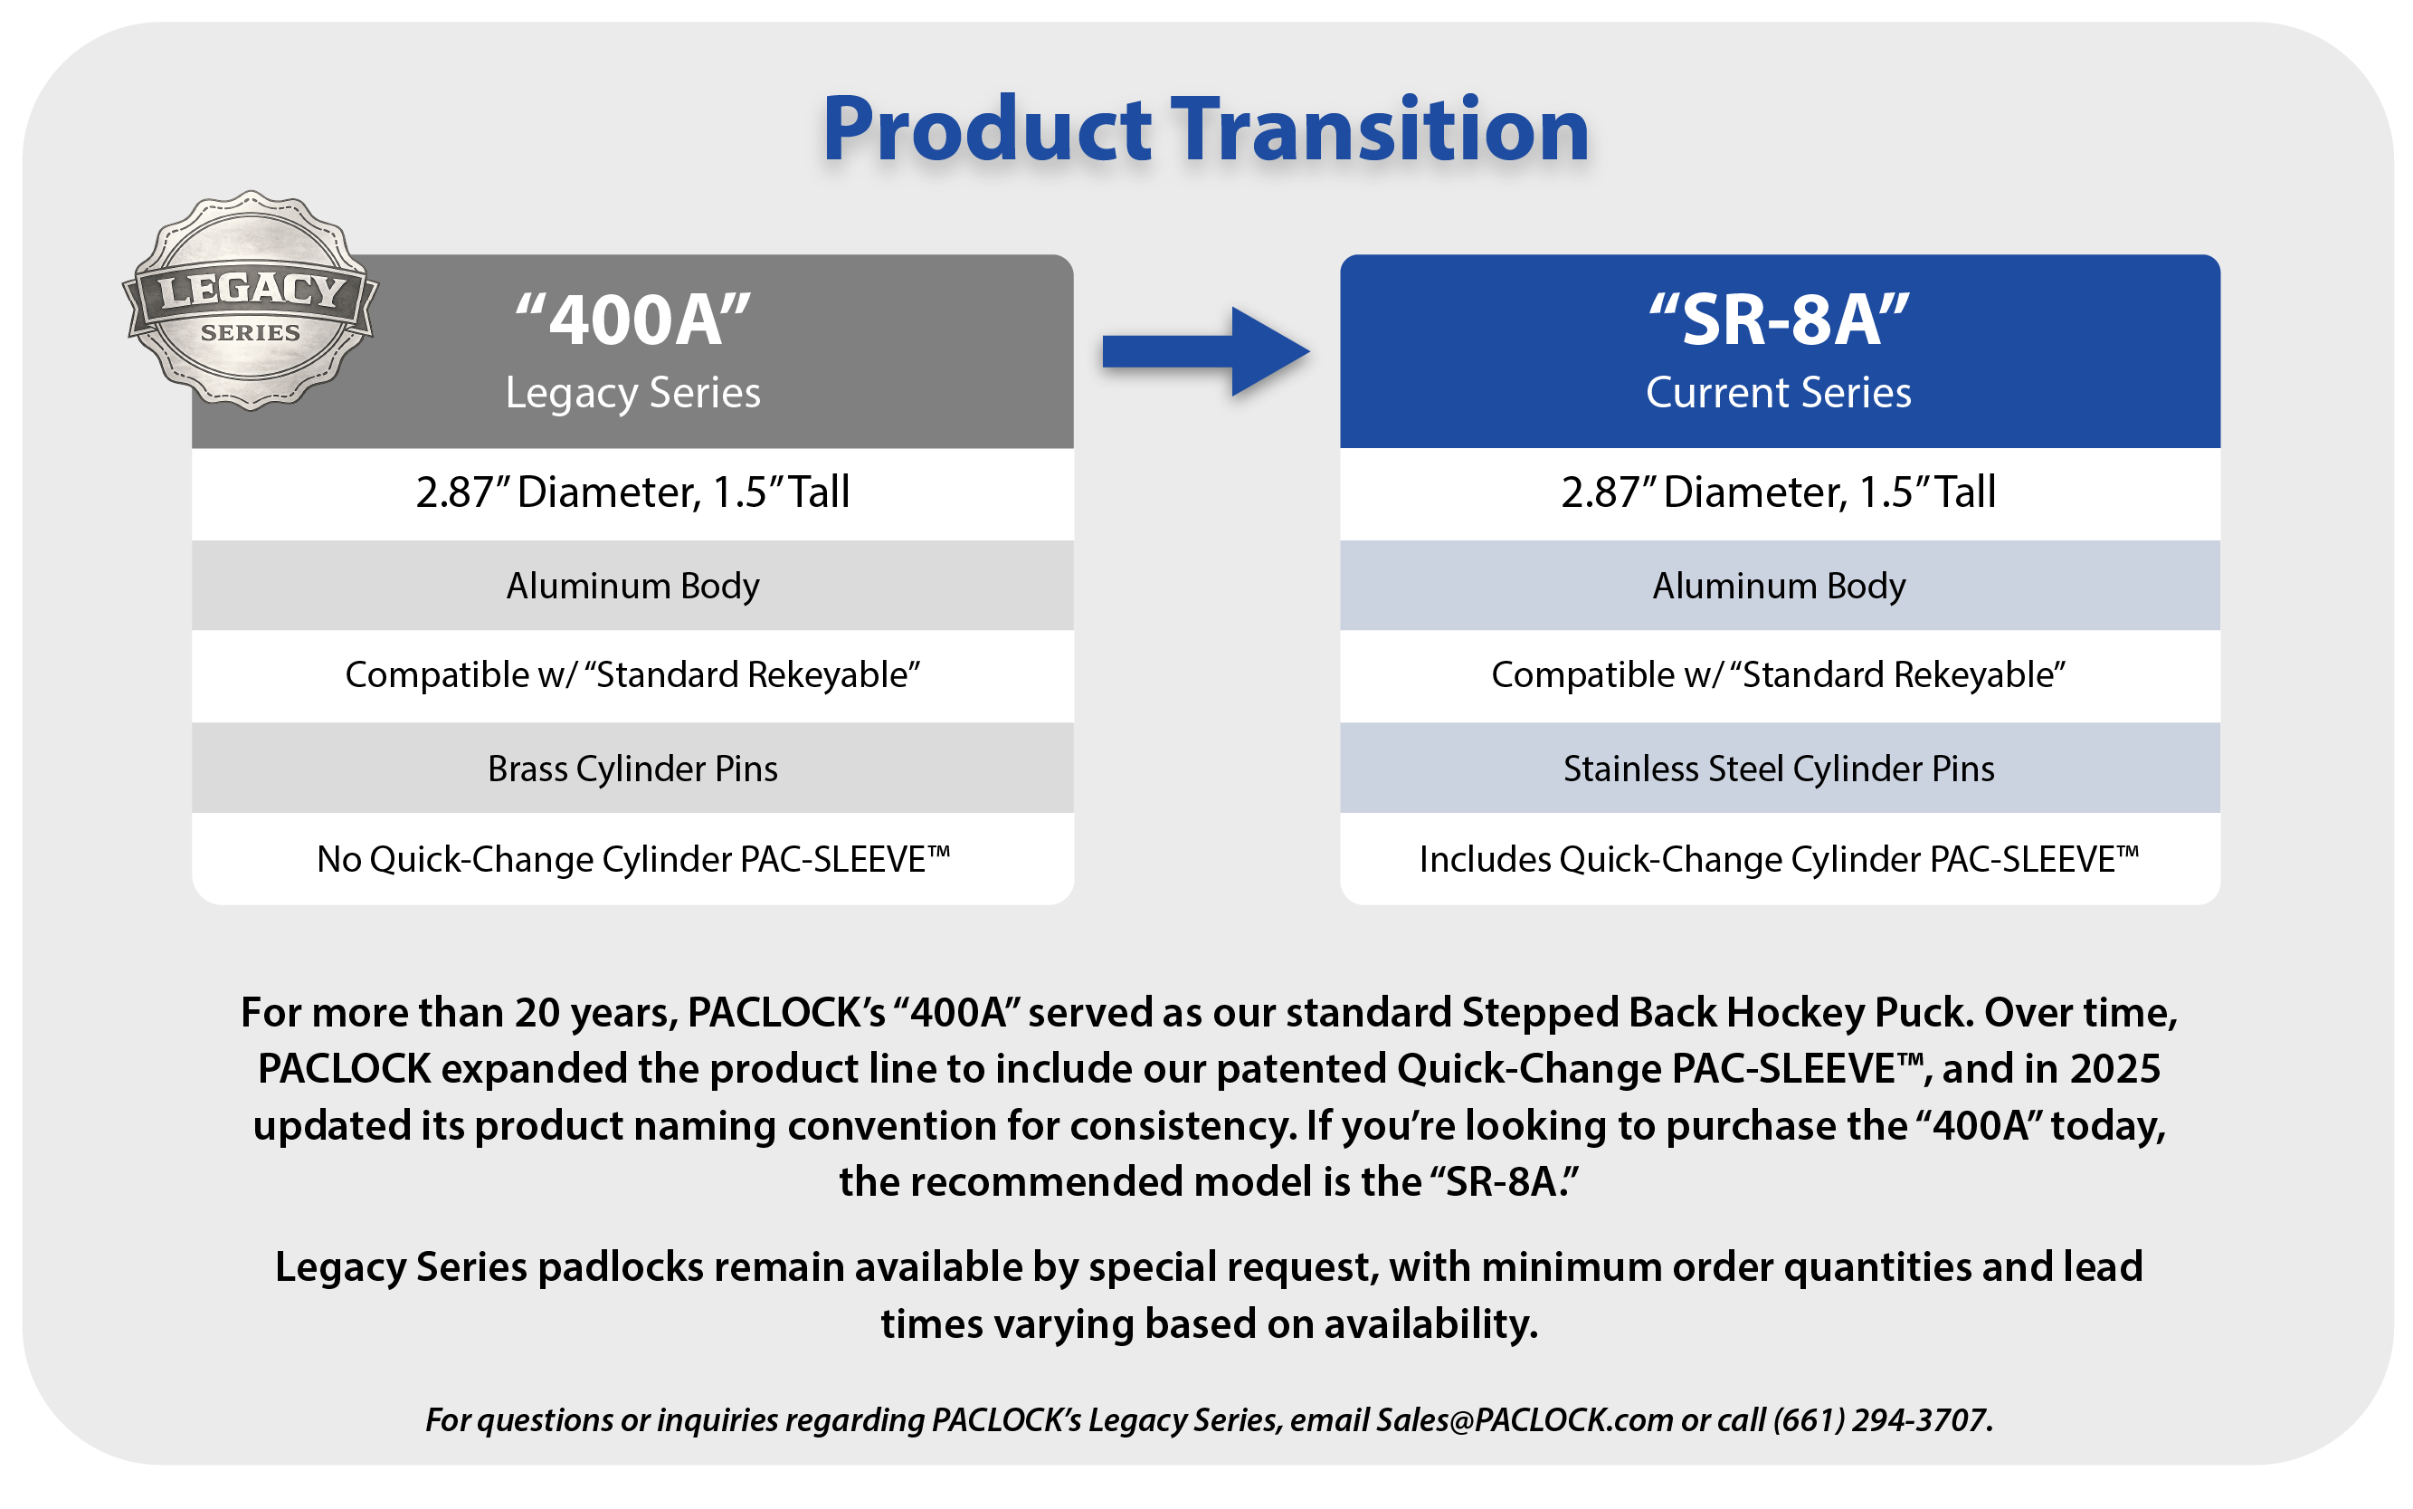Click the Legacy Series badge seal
[251, 301]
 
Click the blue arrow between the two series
[1205, 351]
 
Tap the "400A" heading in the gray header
[632, 320]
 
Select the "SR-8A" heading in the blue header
[1779, 320]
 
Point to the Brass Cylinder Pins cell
[632, 769]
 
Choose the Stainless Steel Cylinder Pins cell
[1780, 769]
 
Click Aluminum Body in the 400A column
[632, 586]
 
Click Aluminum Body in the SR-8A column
[1780, 586]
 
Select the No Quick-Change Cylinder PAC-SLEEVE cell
[632, 859]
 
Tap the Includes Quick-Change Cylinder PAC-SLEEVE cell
[1780, 859]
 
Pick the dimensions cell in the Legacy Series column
[632, 493]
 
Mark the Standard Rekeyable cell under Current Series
[1780, 675]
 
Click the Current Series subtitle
[1779, 392]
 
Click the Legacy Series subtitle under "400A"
[632, 393]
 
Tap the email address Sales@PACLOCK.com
[1525, 1419]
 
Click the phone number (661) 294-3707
[1881, 1419]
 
